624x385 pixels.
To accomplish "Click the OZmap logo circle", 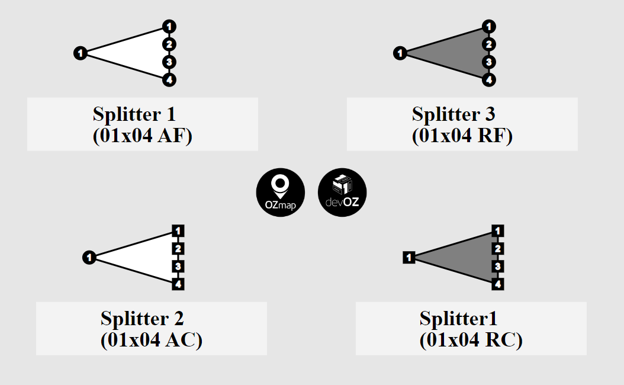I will [280, 192].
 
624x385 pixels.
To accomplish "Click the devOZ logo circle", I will [342, 192].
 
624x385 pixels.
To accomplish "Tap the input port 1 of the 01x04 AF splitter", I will [81, 53].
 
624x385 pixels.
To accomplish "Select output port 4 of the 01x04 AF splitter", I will [169, 79].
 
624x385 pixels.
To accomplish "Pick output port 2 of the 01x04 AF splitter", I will [169, 44].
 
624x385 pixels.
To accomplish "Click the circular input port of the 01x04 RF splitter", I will [400, 53].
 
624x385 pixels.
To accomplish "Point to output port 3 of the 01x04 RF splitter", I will [488, 62].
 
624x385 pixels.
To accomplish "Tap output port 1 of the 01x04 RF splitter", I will [488, 27].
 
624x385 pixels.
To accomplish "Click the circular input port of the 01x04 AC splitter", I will [89, 258].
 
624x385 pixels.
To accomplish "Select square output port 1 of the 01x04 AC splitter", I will [179, 231].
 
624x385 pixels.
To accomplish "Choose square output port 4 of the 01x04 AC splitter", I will [179, 284].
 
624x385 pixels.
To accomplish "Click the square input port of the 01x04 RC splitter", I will [409, 258].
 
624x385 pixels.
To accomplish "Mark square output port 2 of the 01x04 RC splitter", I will [498, 249].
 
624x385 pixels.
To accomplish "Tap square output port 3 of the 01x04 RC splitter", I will [498, 267].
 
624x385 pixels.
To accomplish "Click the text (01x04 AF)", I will [142, 136].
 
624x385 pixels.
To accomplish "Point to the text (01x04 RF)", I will [462, 136].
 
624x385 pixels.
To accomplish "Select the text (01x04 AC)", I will [151, 340].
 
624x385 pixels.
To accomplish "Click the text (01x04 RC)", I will [471, 340].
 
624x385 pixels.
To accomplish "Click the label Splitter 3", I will [453, 113].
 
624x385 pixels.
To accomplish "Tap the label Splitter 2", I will [142, 318].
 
